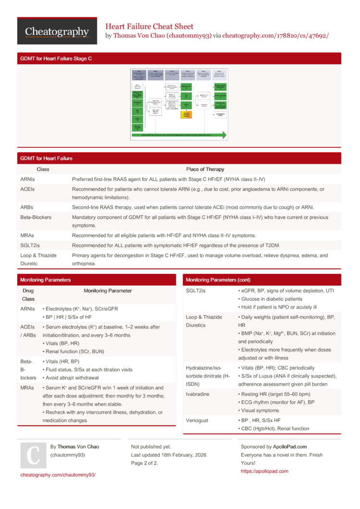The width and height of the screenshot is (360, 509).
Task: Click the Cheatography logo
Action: pyautogui.click(x=57, y=31)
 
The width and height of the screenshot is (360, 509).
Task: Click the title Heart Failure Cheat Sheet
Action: pyautogui.click(x=149, y=26)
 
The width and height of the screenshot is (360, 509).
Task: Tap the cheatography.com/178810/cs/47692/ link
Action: pyautogui.click(x=276, y=36)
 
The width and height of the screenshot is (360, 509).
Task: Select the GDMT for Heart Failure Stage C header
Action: pyautogui.click(x=56, y=59)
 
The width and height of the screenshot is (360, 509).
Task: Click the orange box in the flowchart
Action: pyautogui.click(x=186, y=115)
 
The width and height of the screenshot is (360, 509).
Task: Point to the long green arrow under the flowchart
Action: pyautogui.click(x=179, y=135)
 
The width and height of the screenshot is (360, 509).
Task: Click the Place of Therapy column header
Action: pyautogui.click(x=205, y=169)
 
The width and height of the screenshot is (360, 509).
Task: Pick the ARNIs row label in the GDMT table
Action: pyautogui.click(x=27, y=179)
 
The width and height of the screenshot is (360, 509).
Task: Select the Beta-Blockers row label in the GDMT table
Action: pyautogui.click(x=36, y=217)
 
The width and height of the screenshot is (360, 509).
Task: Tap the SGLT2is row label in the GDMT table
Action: pyautogui.click(x=30, y=246)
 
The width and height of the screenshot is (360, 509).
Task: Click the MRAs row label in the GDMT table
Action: pyautogui.click(x=27, y=235)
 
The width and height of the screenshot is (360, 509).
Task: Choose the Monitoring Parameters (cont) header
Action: pyautogui.click(x=218, y=280)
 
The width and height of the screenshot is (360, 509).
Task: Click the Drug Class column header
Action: pyautogui.click(x=28, y=295)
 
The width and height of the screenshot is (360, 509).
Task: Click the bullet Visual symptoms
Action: pyautogui.click(x=260, y=411)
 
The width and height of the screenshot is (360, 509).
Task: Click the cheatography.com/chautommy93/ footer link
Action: pyautogui.click(x=58, y=474)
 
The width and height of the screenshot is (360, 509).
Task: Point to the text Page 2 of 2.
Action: pyautogui.click(x=144, y=463)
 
